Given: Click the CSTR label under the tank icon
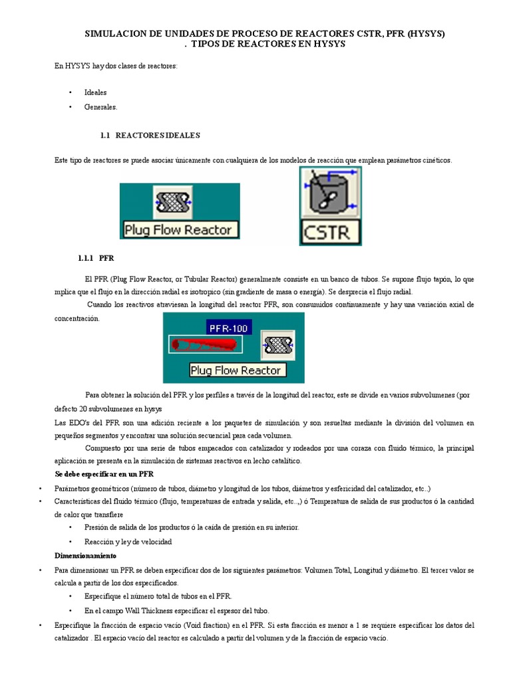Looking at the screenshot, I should [x=331, y=233].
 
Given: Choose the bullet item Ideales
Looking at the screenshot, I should [x=95, y=92].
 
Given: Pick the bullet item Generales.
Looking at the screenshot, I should [x=100, y=106].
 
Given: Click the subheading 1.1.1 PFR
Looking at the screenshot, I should [x=100, y=257].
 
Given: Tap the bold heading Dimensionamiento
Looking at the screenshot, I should [x=85, y=555].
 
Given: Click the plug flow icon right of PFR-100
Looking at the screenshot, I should [x=275, y=344].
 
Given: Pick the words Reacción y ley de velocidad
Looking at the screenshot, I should [x=128, y=541].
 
